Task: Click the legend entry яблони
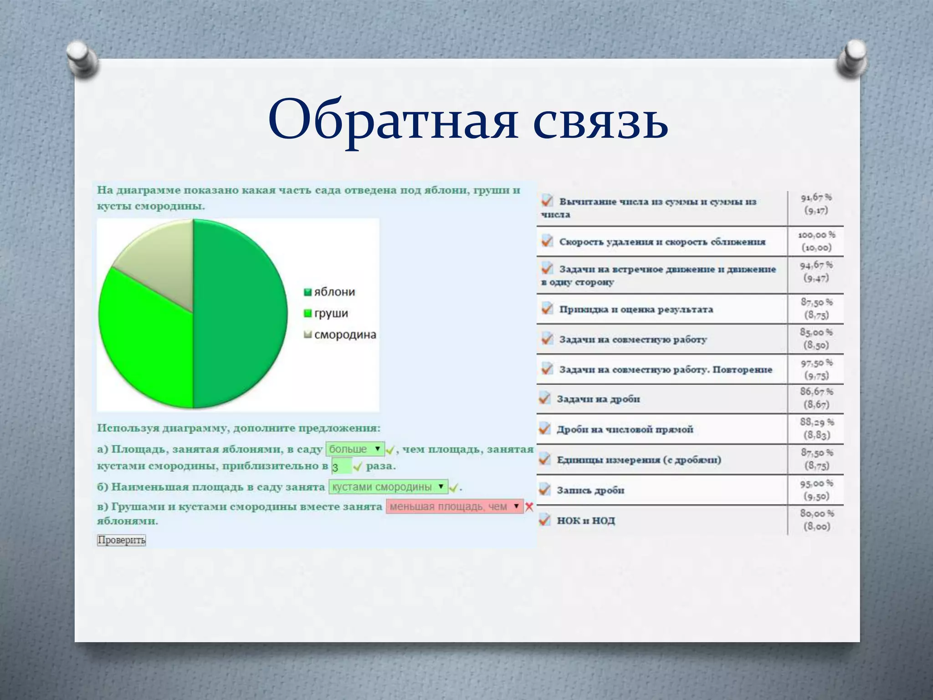pyautogui.click(x=330, y=292)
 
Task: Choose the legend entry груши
pyautogui.click(x=326, y=314)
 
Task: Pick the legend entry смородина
pyautogui.click(x=340, y=335)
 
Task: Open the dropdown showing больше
pyautogui.click(x=355, y=449)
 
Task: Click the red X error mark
pyautogui.click(x=529, y=507)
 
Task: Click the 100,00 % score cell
pyautogui.click(x=816, y=242)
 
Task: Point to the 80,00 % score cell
pyautogui.click(x=816, y=520)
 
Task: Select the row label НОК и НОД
pyautogui.click(x=586, y=520)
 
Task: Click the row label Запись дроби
pyautogui.click(x=590, y=490)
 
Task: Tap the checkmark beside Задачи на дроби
pyautogui.click(x=544, y=398)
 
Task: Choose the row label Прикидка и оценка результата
pyautogui.click(x=636, y=309)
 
